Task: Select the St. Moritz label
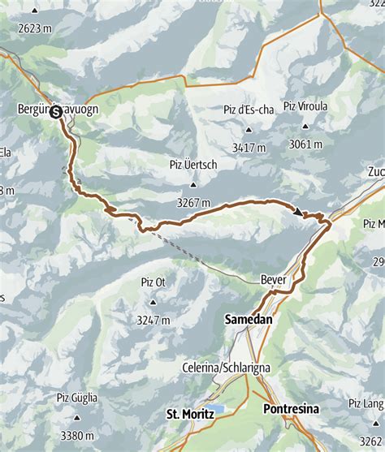[x=190, y=414]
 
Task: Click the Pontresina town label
[x=291, y=410]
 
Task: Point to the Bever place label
[x=274, y=279]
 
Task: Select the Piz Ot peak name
[x=153, y=282]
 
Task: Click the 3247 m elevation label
[x=153, y=320]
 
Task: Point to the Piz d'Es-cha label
[x=249, y=110]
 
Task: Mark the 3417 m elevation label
[x=249, y=148]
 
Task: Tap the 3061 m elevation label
[x=306, y=144]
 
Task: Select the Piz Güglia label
[x=77, y=398]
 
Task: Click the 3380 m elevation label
[x=77, y=434]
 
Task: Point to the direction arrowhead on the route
[x=299, y=213]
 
